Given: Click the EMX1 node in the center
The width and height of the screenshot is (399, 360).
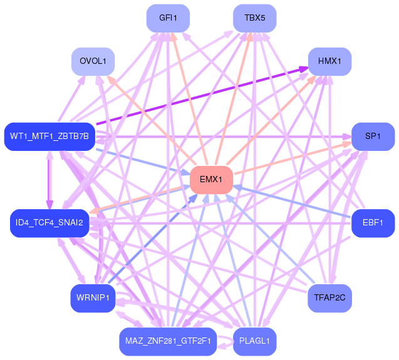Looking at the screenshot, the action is (x=212, y=180).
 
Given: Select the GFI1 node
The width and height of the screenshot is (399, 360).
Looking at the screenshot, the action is (x=168, y=18).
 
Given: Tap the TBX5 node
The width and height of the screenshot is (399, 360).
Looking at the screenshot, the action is (x=255, y=18).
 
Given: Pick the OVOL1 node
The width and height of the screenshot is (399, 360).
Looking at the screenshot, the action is (x=93, y=61).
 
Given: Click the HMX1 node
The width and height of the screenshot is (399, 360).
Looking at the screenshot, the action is (x=329, y=61).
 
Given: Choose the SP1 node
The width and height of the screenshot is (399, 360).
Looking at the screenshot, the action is (x=373, y=136).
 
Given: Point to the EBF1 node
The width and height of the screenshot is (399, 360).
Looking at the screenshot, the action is (x=373, y=223).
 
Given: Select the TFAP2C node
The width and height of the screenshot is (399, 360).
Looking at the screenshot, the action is (x=329, y=298).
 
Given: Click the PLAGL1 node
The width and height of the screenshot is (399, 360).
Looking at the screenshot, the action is (x=255, y=341).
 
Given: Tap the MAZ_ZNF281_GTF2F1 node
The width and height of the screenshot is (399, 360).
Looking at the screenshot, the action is (x=168, y=341).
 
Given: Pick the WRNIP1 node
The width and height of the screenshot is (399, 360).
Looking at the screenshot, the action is (x=93, y=298).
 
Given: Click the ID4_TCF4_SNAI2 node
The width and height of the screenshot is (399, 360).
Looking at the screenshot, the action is (x=49, y=223).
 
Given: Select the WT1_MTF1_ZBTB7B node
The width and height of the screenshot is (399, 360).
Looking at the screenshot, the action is (x=49, y=136).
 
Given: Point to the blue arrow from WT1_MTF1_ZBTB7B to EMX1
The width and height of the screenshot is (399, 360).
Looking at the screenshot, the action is (x=143, y=162).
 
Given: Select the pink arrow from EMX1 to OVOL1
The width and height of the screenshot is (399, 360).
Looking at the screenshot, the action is (x=152, y=120).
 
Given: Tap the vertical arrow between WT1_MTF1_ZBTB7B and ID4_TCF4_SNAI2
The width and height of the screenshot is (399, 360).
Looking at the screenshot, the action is (x=49, y=180).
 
